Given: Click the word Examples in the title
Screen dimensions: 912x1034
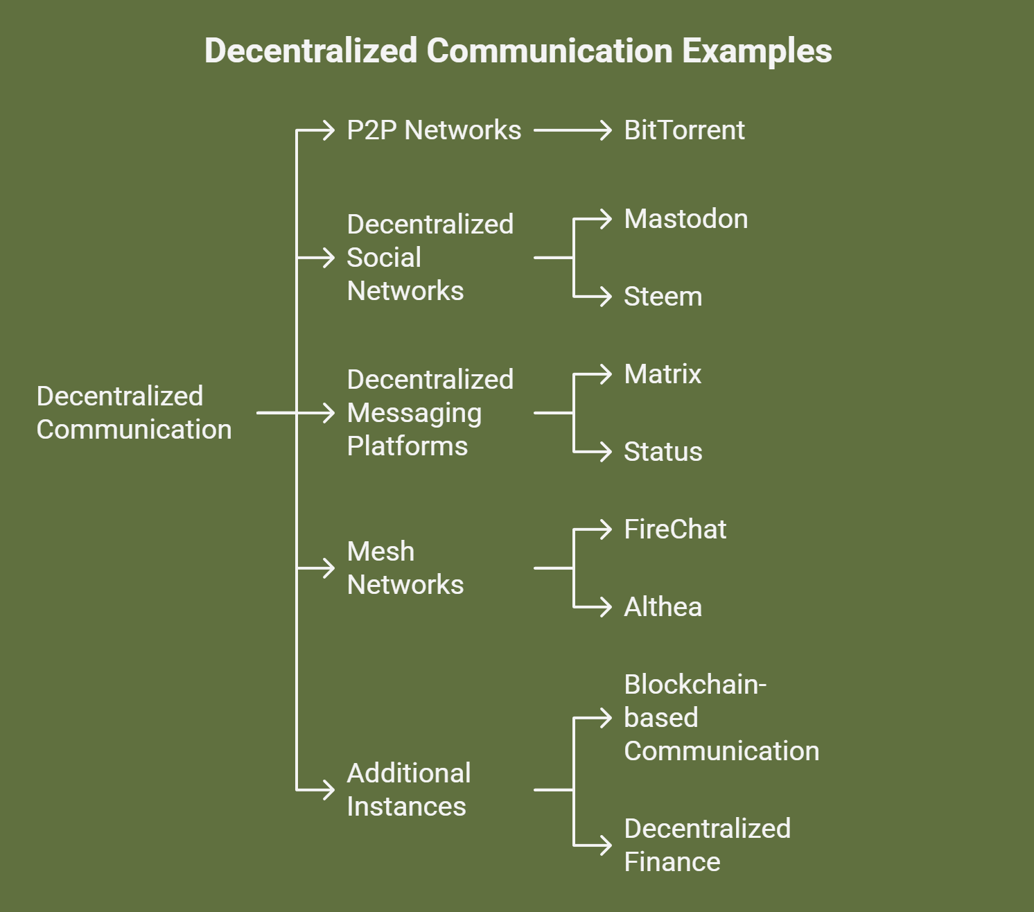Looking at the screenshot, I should [757, 51].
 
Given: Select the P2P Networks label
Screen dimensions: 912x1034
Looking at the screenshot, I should [434, 130].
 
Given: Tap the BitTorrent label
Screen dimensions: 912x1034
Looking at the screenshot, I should [684, 130].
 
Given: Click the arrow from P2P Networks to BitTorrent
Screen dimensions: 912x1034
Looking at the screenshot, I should [572, 130].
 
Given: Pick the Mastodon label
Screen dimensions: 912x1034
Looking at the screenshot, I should [685, 219].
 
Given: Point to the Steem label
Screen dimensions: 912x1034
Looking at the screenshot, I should [663, 297].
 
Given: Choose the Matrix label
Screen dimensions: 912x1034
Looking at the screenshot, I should [663, 374].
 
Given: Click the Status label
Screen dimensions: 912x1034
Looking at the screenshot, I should [663, 452].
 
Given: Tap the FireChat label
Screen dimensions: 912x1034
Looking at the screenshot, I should [675, 529].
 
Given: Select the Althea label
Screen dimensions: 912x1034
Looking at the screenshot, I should [663, 607].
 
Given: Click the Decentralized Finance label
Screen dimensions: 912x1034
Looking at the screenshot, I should [707, 845].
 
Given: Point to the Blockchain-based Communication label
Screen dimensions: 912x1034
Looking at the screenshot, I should [721, 718].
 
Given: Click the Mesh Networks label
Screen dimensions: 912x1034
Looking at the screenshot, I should [405, 568].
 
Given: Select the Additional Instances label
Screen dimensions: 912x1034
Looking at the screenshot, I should [408, 789].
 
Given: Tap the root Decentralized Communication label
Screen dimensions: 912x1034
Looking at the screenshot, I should [134, 413].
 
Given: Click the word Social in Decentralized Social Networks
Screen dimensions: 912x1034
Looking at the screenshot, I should [384, 258].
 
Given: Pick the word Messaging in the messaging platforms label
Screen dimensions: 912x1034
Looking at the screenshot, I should [414, 413].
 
